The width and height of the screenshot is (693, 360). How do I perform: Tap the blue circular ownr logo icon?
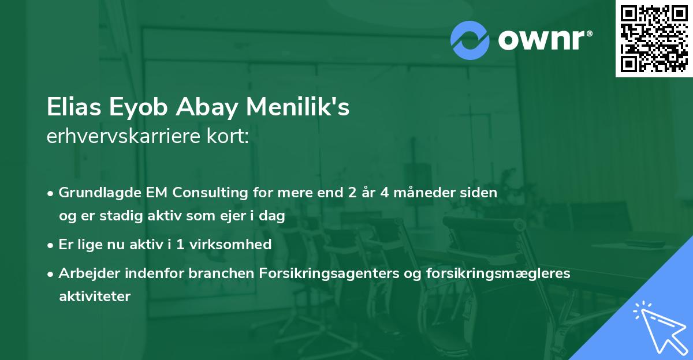click(470, 40)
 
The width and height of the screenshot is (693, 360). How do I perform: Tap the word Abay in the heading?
click(207, 108)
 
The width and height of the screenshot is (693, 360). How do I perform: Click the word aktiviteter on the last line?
click(95, 296)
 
